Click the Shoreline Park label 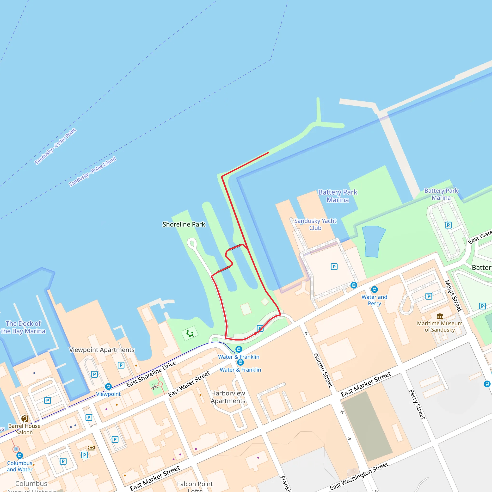[x=184, y=224]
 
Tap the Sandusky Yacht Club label [x=315, y=224]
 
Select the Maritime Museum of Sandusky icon [x=440, y=316]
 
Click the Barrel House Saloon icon [x=25, y=419]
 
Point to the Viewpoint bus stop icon [x=108, y=387]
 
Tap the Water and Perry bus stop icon [x=374, y=289]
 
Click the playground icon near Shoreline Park [x=190, y=334]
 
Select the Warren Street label [x=323, y=370]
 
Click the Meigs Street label [x=453, y=296]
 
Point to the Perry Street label [x=417, y=404]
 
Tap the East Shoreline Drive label [x=151, y=374]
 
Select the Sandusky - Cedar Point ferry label [x=55, y=147]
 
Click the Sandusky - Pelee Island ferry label [x=92, y=171]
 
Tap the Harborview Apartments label [x=228, y=397]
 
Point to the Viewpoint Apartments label [x=102, y=350]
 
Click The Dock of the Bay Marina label [x=23, y=327]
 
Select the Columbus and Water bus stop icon [x=20, y=455]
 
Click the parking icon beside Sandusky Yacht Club [x=334, y=267]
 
